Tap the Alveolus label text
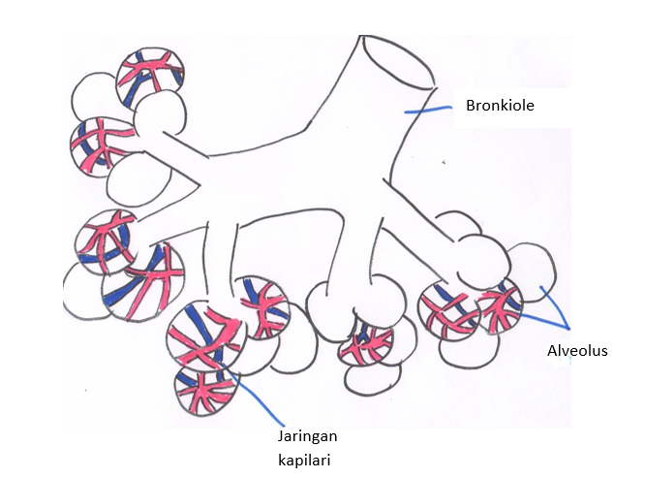(577, 350)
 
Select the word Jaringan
(306, 436)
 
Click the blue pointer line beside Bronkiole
(427, 110)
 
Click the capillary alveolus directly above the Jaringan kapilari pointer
(204, 334)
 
